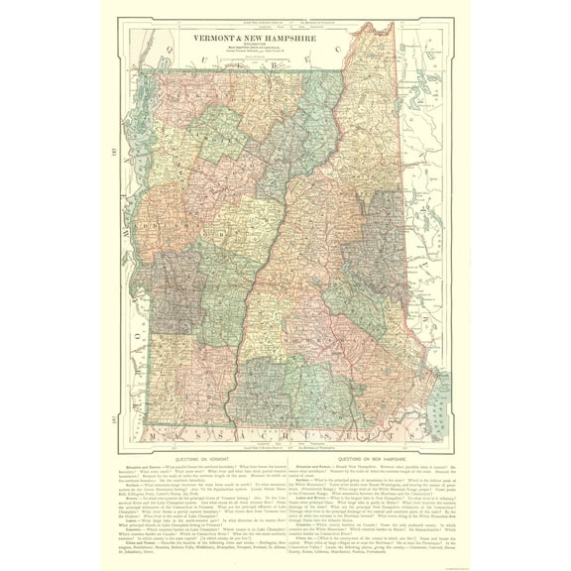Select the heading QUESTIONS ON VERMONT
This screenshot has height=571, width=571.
[x=189, y=458]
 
